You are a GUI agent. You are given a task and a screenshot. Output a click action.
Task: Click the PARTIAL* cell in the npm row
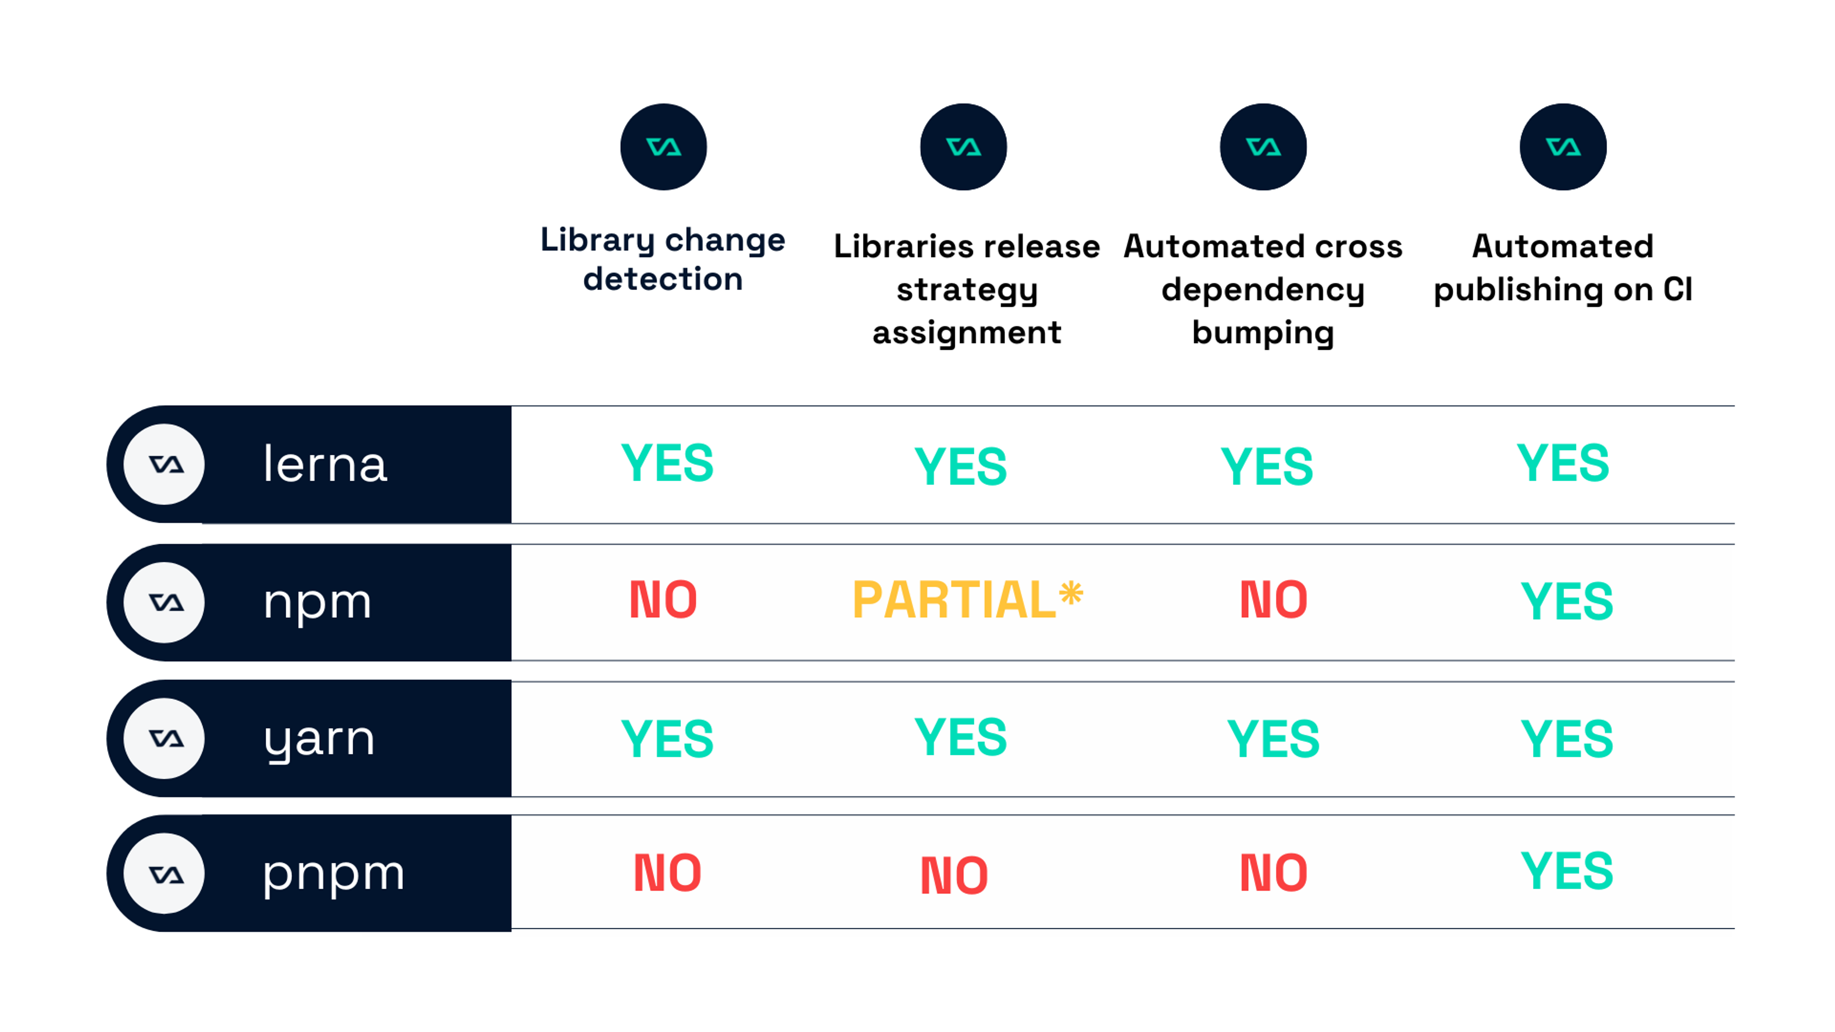967,600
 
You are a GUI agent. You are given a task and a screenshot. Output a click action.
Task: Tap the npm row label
318,602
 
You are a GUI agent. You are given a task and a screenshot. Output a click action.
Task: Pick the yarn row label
319,739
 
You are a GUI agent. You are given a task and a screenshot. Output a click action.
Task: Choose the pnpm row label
334,873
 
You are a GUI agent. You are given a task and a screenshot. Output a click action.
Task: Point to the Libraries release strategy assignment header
967,289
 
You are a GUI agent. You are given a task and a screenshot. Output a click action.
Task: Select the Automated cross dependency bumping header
1263,289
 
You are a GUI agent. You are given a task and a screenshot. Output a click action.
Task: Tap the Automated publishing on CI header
1563,268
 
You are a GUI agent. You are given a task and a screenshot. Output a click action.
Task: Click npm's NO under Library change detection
662,600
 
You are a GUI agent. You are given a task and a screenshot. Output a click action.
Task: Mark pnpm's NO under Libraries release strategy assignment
954,875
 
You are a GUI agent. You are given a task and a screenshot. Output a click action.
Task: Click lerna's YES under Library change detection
667,463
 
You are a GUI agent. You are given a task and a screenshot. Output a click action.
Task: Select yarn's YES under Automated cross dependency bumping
1273,739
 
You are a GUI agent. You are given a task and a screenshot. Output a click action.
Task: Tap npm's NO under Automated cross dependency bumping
1273,600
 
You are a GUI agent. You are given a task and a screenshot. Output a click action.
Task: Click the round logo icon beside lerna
164,464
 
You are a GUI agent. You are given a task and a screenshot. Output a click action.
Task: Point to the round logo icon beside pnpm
164,873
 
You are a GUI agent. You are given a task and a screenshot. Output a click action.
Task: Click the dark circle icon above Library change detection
663,147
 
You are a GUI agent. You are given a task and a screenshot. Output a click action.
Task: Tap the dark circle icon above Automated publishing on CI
1563,147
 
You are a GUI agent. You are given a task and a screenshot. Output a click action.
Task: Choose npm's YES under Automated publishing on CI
1566,601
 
